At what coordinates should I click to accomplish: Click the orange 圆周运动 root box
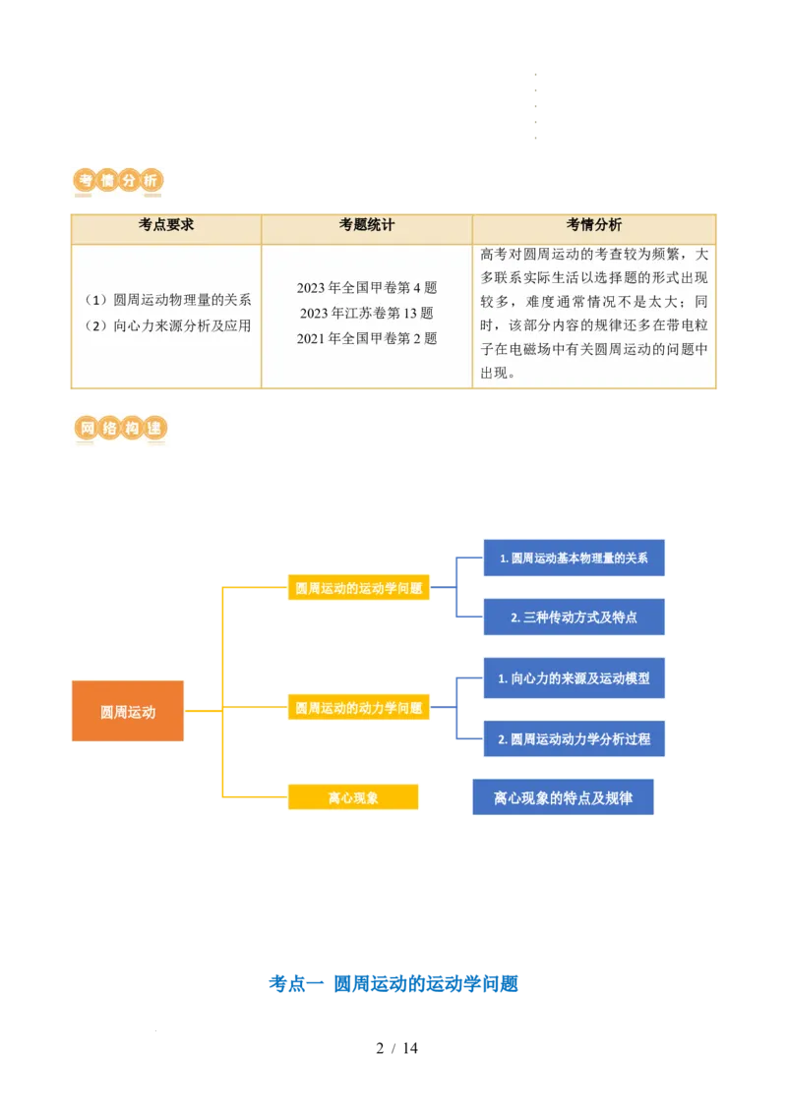click(x=128, y=711)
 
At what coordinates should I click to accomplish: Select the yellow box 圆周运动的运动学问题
click(x=359, y=587)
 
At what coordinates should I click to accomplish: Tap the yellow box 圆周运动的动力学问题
click(x=359, y=707)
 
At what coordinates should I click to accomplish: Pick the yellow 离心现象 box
click(x=353, y=797)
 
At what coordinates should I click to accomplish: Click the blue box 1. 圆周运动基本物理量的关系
click(x=574, y=557)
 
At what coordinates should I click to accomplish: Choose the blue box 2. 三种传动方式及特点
click(x=574, y=616)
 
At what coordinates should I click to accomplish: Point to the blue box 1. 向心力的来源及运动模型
click(x=574, y=678)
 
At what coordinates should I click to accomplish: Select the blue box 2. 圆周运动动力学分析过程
click(x=574, y=739)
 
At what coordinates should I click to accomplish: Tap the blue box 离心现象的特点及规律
click(x=564, y=797)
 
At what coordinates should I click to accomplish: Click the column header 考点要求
click(x=166, y=225)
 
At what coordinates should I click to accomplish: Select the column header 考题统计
click(x=367, y=225)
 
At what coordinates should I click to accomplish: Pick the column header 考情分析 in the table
click(x=594, y=225)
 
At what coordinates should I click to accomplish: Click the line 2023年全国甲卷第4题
click(x=367, y=287)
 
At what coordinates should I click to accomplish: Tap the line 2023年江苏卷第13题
click(x=367, y=313)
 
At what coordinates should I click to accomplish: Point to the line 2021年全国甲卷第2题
click(x=367, y=338)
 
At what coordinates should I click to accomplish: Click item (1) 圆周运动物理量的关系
click(x=167, y=300)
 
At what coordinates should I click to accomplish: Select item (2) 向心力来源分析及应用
click(x=167, y=325)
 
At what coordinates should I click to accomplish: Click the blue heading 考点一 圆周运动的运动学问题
click(x=393, y=984)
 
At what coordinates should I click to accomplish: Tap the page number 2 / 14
click(x=397, y=1048)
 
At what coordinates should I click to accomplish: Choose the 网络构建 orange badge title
click(x=120, y=428)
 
